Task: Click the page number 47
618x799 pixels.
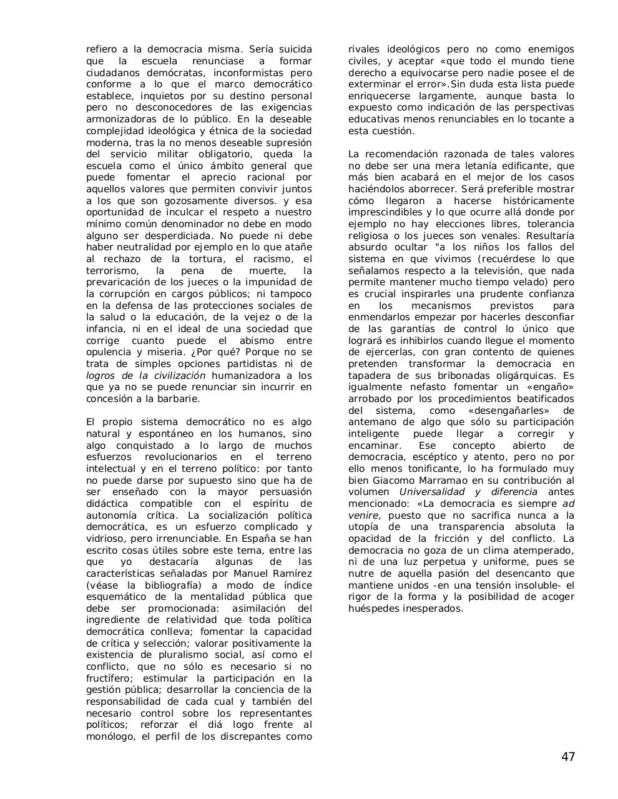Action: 567,757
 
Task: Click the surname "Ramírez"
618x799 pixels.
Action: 292,574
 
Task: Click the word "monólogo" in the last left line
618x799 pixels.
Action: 109,737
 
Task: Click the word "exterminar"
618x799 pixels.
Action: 373,84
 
